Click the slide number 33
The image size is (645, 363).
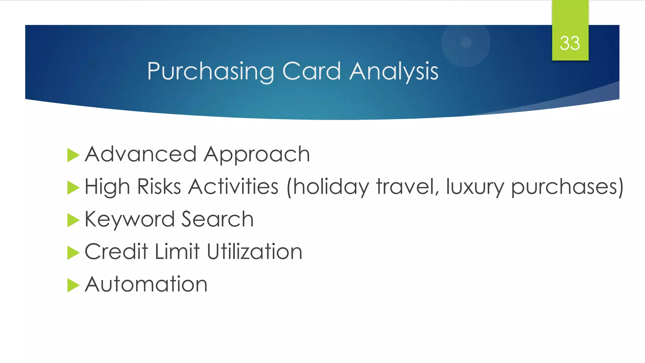(570, 43)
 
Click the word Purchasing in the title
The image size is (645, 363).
(210, 72)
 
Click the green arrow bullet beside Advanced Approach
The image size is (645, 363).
(73, 155)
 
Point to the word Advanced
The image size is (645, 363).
(140, 154)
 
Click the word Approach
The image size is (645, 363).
(257, 155)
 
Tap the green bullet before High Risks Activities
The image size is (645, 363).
(73, 188)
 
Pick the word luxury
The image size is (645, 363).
(475, 187)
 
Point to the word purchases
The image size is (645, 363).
(563, 187)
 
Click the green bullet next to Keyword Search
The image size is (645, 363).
(73, 220)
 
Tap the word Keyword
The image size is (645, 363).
(129, 219)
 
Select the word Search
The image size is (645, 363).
(217, 219)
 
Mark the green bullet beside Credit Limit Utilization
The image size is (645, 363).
(73, 253)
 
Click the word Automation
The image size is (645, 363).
(146, 284)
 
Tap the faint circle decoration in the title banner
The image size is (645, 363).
(466, 43)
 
